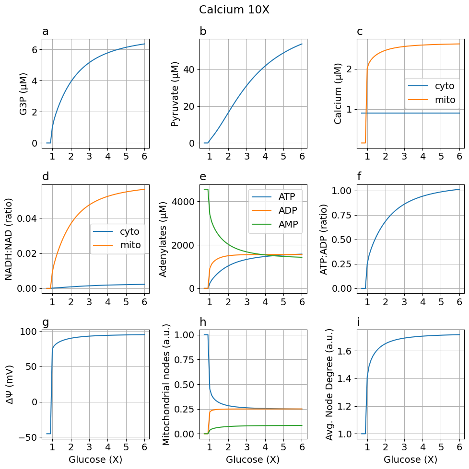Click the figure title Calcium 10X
pyautogui.click(x=234, y=10)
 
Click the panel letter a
pyautogui.click(x=46, y=32)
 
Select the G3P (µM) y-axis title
pyautogui.click(x=23, y=94)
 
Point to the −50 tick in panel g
pyautogui.click(x=28, y=437)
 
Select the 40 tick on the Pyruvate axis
pyautogui.click(x=189, y=69)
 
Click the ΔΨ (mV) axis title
pyautogui.click(x=10, y=384)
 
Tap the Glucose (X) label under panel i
pyautogui.click(x=410, y=459)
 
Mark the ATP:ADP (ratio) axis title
pyautogui.click(x=325, y=239)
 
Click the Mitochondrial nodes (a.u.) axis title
pyautogui.click(x=166, y=384)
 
